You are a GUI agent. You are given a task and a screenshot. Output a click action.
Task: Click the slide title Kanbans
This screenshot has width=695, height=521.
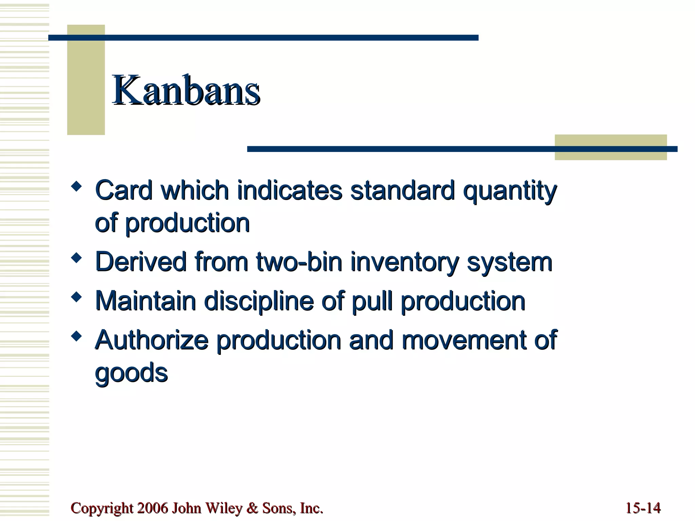(186, 90)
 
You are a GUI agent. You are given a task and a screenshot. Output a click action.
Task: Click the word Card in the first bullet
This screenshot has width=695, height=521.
(124, 190)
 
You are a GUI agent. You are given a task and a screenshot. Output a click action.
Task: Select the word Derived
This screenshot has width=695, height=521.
(141, 262)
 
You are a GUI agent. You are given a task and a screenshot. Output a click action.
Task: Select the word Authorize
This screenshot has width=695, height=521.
(151, 340)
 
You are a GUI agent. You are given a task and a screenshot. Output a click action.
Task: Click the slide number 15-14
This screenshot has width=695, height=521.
(643, 508)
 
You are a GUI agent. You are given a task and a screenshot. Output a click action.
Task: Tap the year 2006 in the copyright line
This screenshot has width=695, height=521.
(153, 508)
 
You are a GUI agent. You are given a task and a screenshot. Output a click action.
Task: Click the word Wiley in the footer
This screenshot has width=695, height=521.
(224, 508)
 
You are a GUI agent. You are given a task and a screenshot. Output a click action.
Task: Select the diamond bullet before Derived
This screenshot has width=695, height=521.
(77, 258)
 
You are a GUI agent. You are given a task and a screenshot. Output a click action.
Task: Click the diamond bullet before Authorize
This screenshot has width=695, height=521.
(77, 336)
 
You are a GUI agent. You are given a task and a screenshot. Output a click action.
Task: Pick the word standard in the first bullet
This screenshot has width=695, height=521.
(402, 190)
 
